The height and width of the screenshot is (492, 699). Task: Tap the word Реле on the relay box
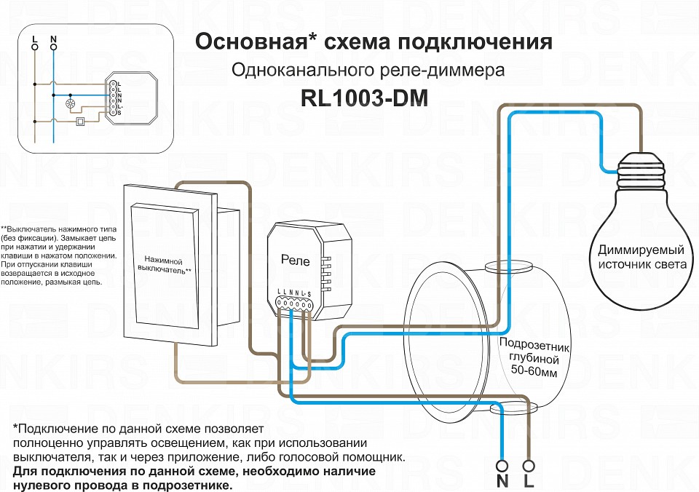tap(295, 261)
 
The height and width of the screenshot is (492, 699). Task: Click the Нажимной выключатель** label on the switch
tap(164, 266)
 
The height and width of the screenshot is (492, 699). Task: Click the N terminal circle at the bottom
tap(502, 465)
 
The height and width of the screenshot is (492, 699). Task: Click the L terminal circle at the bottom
tap(529, 465)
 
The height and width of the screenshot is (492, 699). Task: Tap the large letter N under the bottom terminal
tap(502, 482)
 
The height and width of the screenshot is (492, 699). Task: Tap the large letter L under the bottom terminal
tap(529, 482)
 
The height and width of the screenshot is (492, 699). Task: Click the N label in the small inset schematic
tap(53, 38)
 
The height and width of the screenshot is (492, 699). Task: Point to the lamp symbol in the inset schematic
tap(71, 103)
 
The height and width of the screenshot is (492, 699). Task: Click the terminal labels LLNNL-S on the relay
tap(293, 293)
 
